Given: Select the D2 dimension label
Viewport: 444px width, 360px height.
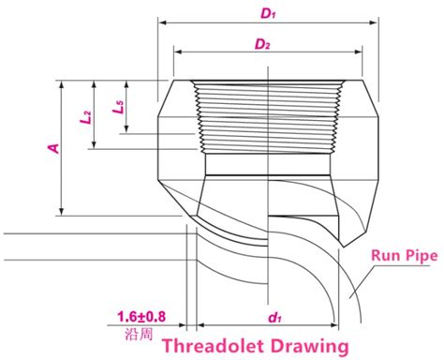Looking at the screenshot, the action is (x=265, y=43).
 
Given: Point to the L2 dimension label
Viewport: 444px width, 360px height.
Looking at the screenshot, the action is (x=85, y=115).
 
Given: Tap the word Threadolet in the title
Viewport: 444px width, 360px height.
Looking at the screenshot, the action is (x=211, y=344).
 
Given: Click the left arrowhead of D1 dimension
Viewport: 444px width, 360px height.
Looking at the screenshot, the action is (x=161, y=22).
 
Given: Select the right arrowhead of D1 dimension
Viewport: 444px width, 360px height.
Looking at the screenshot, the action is (x=377, y=22).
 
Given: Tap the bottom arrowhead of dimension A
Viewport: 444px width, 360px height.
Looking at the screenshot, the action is (x=62, y=214).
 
